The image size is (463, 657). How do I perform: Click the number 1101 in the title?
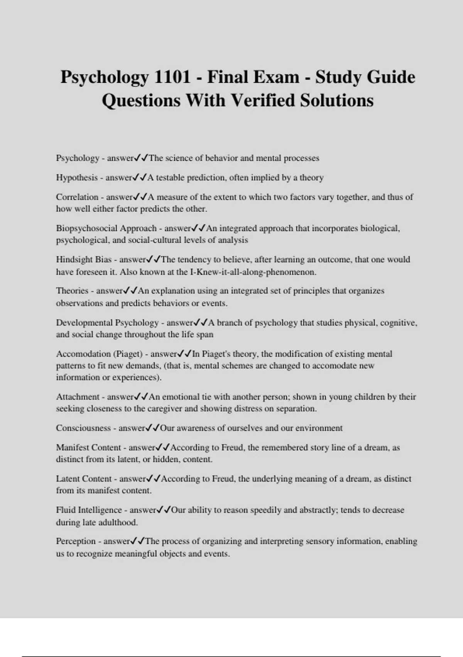[x=172, y=77]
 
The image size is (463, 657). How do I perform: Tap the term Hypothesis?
[x=77, y=178]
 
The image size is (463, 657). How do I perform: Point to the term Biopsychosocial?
[x=87, y=228]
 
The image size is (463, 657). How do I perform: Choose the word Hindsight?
[x=73, y=259]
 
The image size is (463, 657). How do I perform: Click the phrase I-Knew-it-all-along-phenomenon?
[x=253, y=272]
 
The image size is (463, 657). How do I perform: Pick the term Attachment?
[x=78, y=397]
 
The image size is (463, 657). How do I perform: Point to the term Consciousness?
[x=83, y=428]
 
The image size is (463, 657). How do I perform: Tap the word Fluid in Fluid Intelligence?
[x=66, y=510]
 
